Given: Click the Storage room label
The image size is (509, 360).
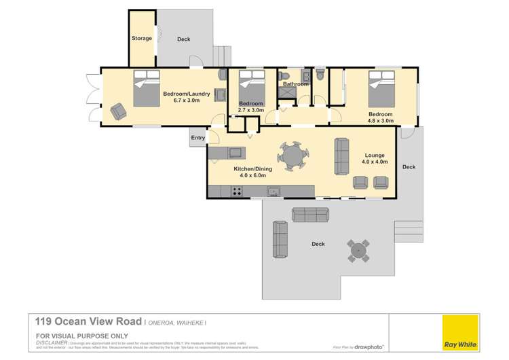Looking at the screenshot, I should tap(141, 39).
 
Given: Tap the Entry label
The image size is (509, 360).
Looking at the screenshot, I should tap(197, 138).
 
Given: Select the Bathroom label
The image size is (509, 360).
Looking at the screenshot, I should tap(296, 84).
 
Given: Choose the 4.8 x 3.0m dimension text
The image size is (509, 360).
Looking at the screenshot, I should tap(380, 122).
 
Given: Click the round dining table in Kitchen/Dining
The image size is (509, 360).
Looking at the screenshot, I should tap(294, 156).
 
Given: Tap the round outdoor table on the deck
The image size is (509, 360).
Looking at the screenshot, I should tap(358, 251).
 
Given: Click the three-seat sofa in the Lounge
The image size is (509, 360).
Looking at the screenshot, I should tap(341, 155).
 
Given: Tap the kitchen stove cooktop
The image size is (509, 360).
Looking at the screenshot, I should tap(238, 192).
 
